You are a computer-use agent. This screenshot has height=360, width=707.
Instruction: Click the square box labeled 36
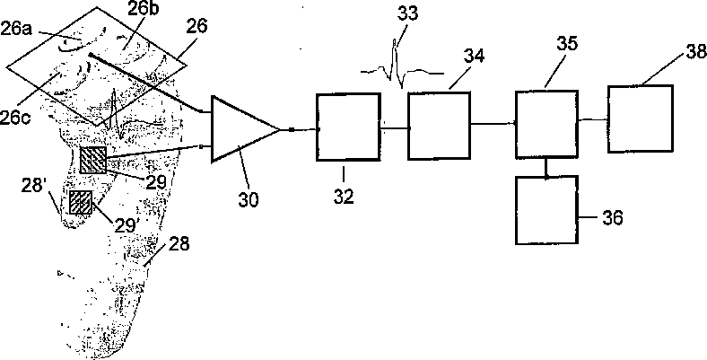[546, 210]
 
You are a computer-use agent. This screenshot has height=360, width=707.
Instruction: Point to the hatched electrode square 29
[92, 160]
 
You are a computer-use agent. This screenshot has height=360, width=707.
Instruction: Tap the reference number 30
[249, 198]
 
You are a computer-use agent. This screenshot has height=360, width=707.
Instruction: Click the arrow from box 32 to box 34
[393, 128]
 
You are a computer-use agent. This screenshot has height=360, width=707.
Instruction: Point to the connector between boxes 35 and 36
[546, 166]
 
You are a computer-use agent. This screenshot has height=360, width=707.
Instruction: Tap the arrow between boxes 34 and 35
[492, 125]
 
